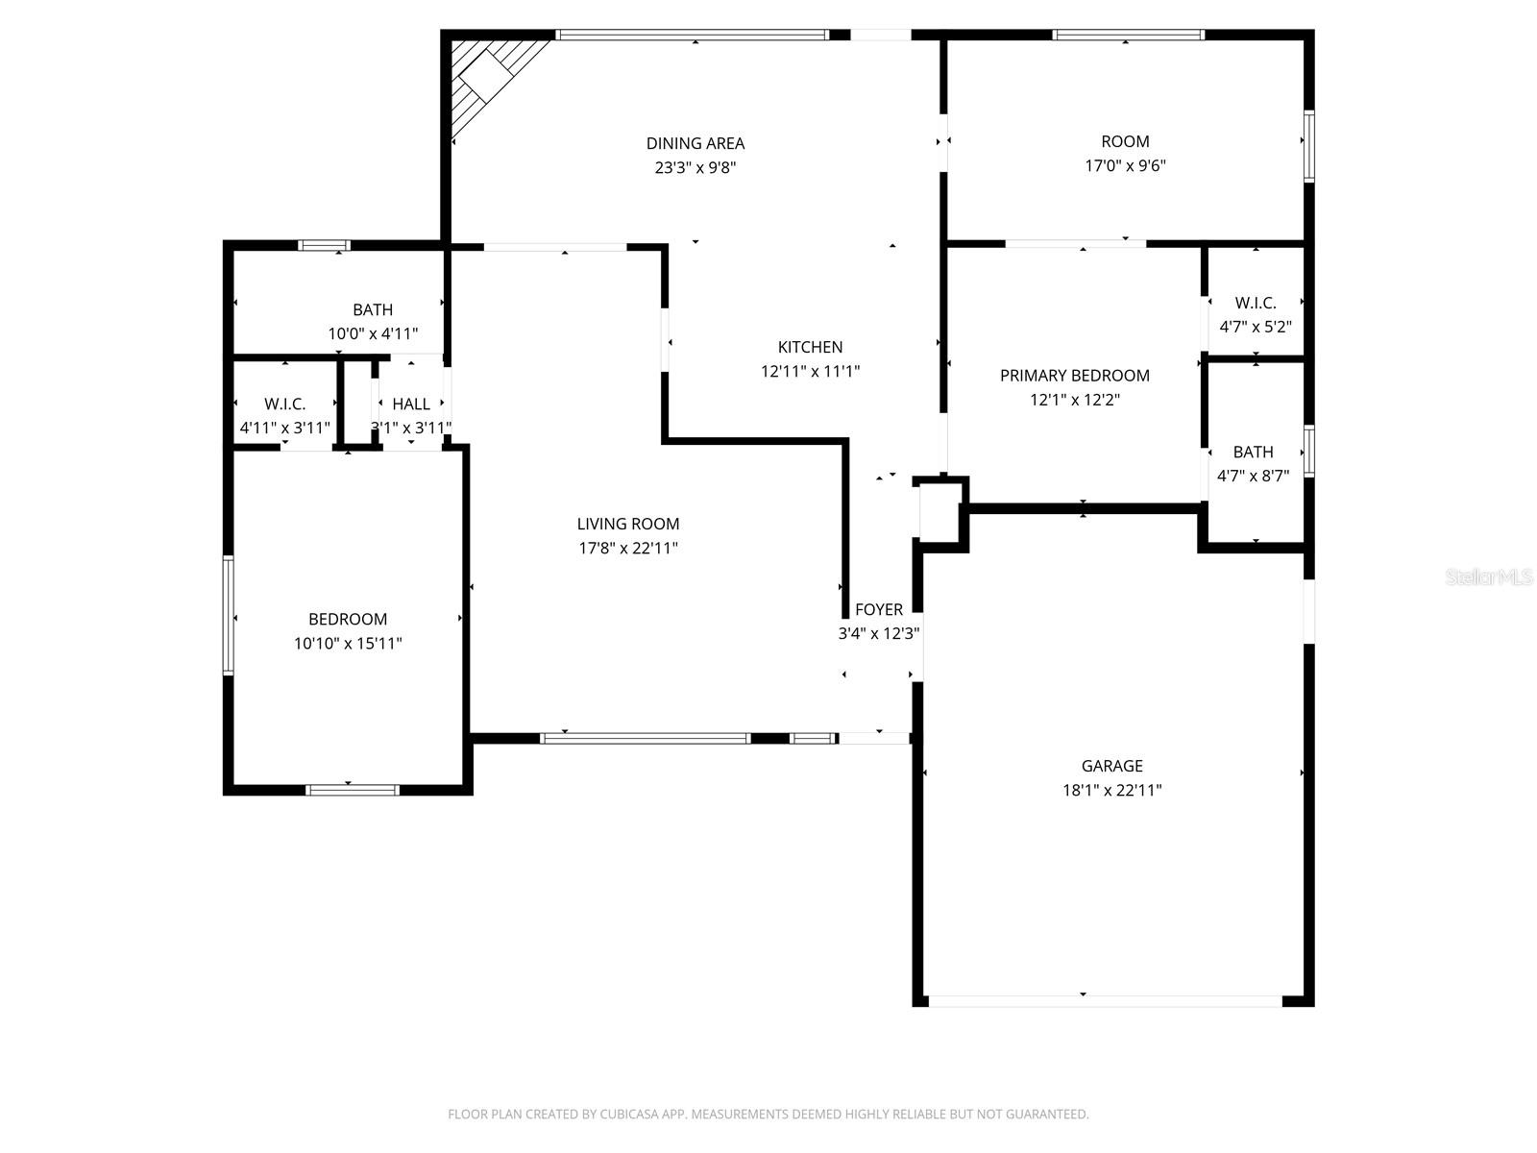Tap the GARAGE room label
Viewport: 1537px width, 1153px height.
tap(1111, 766)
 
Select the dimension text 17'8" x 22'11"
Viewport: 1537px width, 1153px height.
tap(628, 549)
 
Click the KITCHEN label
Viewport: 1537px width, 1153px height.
tap(810, 347)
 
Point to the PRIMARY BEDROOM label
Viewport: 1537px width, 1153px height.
tap(1074, 376)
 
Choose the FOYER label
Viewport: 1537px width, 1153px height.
tap(878, 609)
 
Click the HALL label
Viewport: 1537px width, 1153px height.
tap(411, 405)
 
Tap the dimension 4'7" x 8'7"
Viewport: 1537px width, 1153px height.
tap(1253, 476)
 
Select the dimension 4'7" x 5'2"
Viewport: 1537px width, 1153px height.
tap(1255, 327)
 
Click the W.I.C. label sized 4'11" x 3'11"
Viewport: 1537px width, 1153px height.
tap(284, 405)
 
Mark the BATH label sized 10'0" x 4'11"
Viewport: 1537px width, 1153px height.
tap(373, 309)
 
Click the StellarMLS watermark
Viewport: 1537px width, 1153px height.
tap(1489, 577)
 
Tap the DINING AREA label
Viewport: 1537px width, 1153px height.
tap(695, 143)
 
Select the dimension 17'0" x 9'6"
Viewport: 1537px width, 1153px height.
tap(1125, 165)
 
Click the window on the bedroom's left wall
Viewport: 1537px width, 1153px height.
tap(229, 615)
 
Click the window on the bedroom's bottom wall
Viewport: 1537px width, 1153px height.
tap(352, 790)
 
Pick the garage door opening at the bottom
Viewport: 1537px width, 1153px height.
tap(1105, 1001)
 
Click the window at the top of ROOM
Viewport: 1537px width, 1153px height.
tap(1128, 36)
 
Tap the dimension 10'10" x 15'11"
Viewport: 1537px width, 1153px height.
tap(348, 644)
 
